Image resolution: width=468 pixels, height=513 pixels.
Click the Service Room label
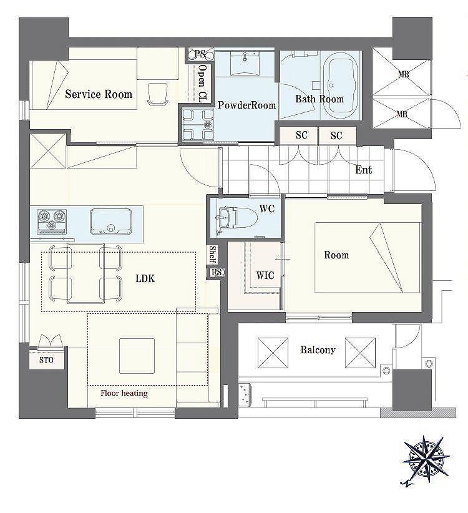[99, 94]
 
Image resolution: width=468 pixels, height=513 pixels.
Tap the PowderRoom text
[246, 105]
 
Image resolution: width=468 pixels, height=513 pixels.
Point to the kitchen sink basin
[111, 222]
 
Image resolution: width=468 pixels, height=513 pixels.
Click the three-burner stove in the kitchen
[52, 222]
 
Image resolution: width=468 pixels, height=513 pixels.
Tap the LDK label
[145, 278]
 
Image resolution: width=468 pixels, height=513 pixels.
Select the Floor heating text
[124, 393]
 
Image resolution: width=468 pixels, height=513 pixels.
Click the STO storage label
[46, 360]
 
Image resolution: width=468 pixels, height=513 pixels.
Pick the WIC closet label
[265, 275]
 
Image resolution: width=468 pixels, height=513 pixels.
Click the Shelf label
[213, 255]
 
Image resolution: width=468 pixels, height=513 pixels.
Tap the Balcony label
[318, 349]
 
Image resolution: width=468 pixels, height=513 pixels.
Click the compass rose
[426, 461]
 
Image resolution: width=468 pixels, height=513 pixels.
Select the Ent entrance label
[363, 170]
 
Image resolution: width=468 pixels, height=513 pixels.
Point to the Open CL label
[203, 84]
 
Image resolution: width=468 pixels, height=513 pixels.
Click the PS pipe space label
[200, 54]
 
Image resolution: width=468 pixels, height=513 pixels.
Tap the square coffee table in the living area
[137, 356]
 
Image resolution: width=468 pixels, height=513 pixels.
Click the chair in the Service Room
[157, 94]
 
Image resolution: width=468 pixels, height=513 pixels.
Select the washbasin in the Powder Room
[245, 63]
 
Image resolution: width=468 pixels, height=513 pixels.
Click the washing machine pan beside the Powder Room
[198, 125]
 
